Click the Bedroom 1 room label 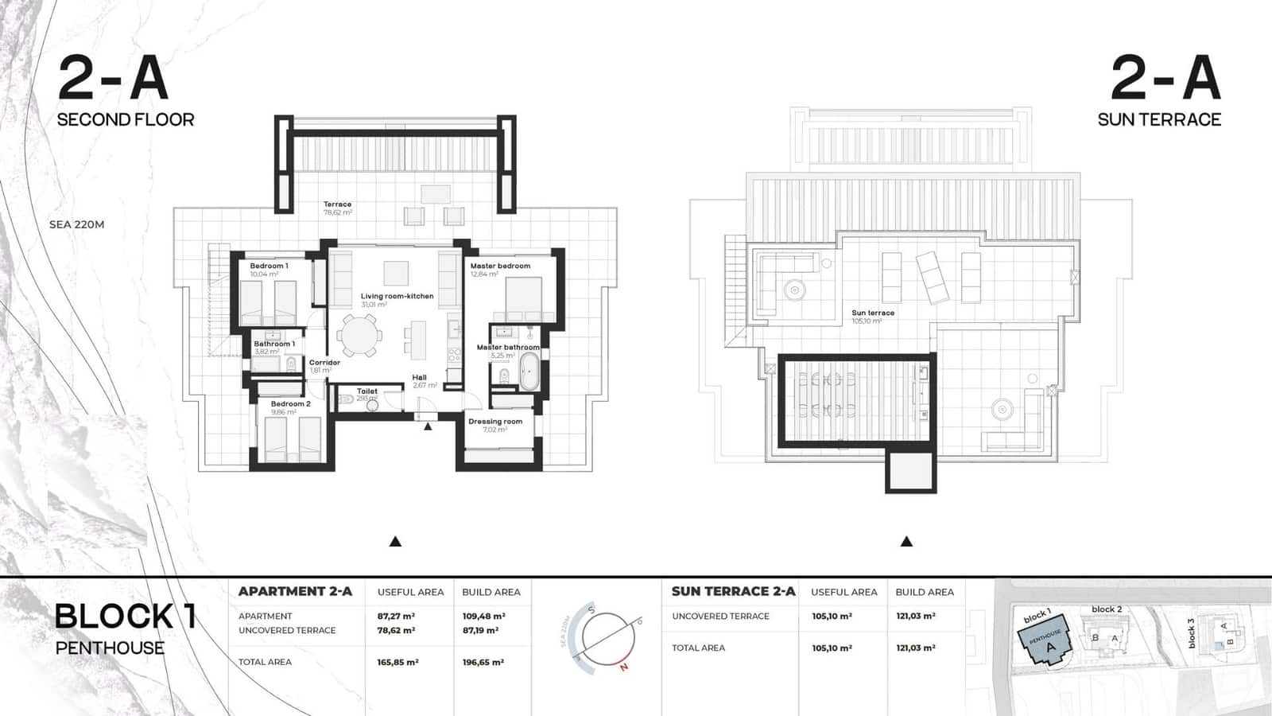pos(269,266)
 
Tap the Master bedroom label pos(499,266)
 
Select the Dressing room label pos(495,422)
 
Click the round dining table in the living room pos(359,335)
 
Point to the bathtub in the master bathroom pos(529,371)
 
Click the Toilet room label pos(366,391)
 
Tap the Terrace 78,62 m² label pos(337,205)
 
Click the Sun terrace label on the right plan pos(873,313)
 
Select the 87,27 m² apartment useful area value pos(396,616)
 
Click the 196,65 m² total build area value pos(483,662)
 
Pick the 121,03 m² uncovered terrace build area pos(916,616)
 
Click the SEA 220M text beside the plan pos(76,224)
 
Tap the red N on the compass pos(624,667)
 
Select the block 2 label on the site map pos(1107,609)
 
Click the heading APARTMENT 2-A pos(295,591)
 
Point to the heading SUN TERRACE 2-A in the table pos(733,591)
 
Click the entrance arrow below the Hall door pos(428,427)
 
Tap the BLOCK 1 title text pos(125,617)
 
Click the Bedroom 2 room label pos(290,403)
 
